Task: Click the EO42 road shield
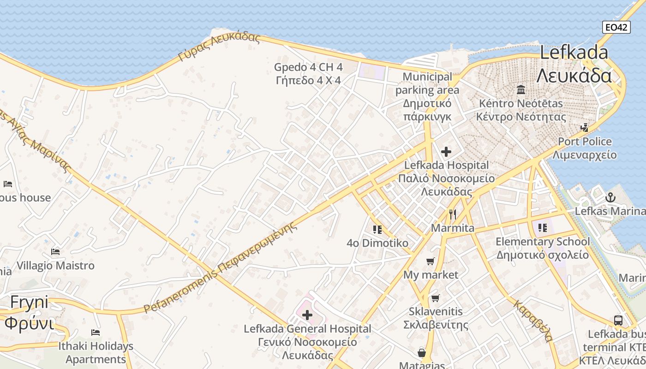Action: coord(616,27)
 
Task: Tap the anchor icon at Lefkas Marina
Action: coord(610,198)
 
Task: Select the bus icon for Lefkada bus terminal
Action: coord(618,321)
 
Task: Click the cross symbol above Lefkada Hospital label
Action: coord(446,151)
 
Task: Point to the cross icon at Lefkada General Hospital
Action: coord(307,315)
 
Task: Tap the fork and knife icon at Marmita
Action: coord(453,214)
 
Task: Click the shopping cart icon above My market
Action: coord(431,262)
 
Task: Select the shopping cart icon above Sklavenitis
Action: coord(435,298)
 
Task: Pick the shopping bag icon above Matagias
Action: coord(421,353)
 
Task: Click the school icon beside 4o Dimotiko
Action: coord(377,229)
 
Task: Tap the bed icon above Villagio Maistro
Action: coord(55,252)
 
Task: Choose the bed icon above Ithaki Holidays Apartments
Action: coord(96,332)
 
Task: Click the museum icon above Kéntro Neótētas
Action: coord(521,89)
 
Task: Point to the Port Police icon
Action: coord(585,127)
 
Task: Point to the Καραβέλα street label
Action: coord(533,321)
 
